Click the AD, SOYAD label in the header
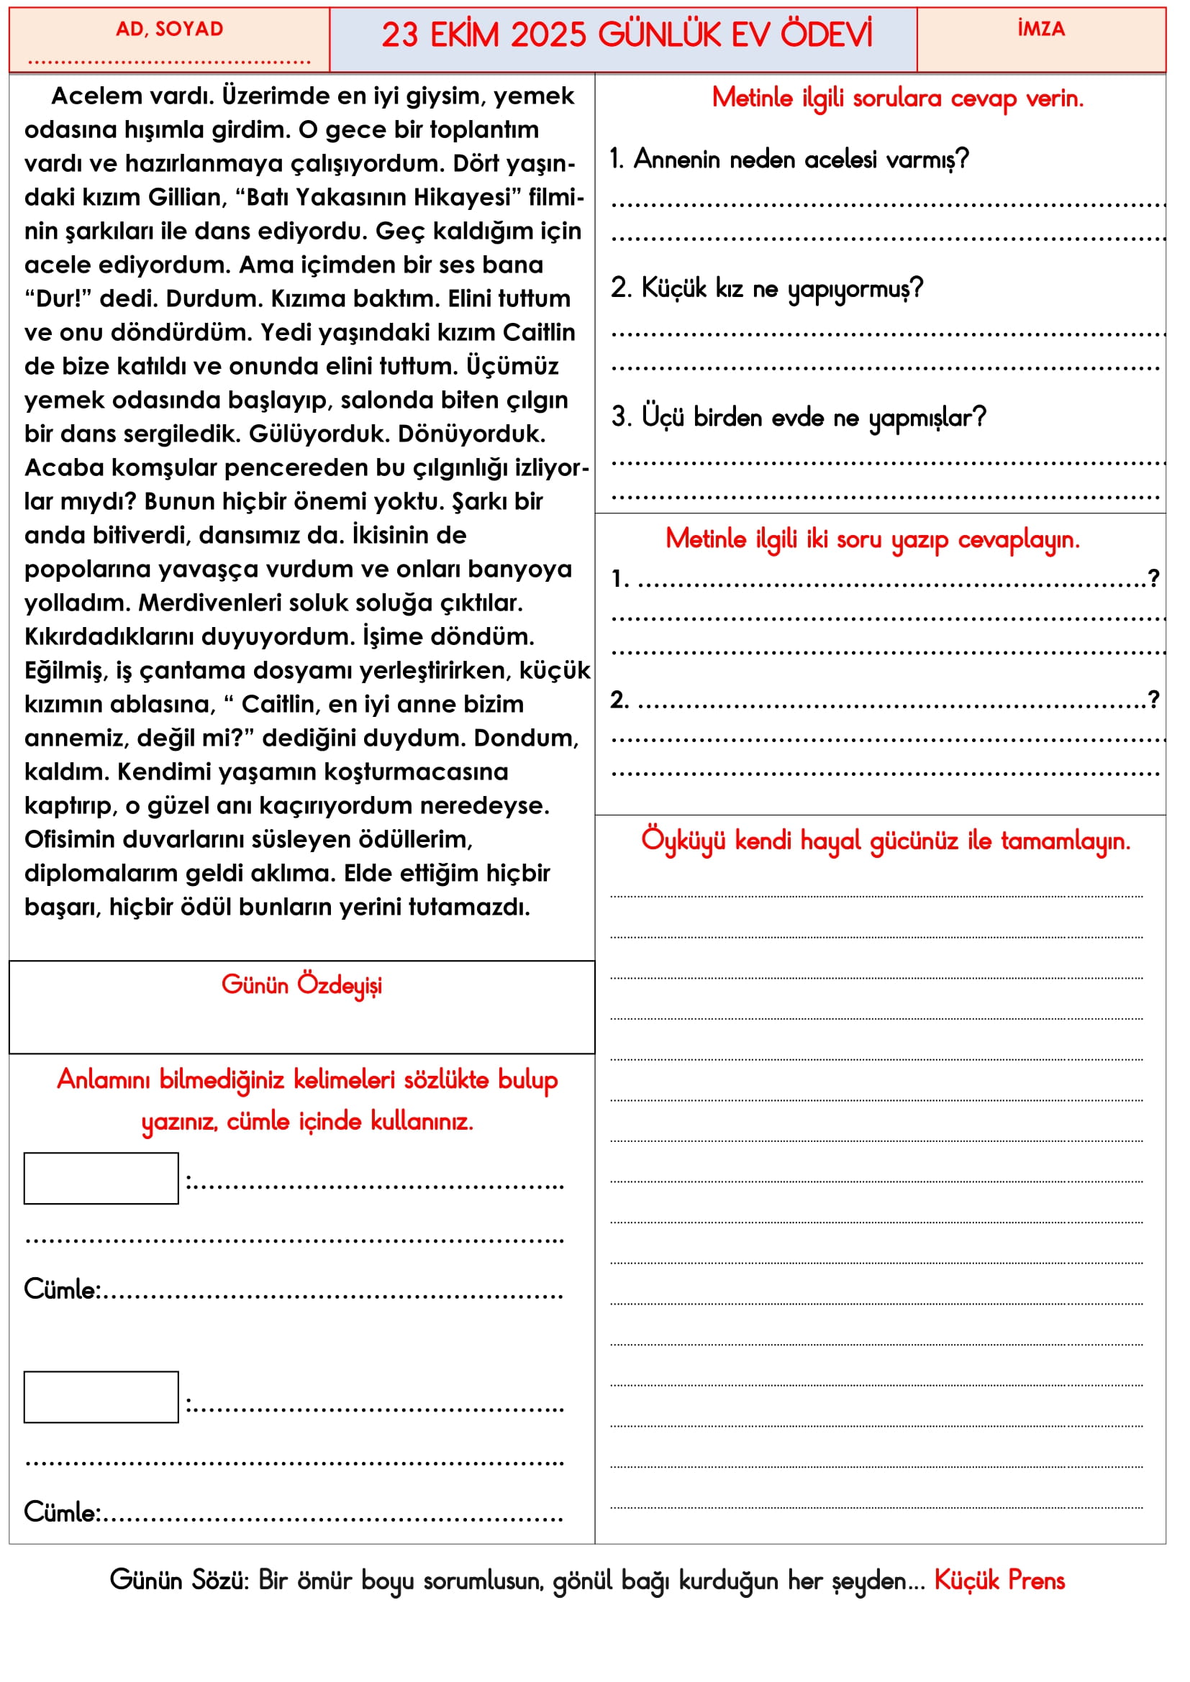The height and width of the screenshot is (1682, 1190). tap(169, 29)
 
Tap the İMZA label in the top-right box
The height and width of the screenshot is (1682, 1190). tap(1040, 29)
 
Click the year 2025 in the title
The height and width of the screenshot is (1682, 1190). tap(549, 35)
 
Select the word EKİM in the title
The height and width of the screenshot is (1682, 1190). tap(465, 35)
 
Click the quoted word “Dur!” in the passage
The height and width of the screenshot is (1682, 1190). tap(58, 299)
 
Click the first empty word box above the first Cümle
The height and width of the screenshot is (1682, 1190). tap(101, 1178)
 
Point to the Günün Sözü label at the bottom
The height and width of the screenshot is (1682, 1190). tap(180, 1580)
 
